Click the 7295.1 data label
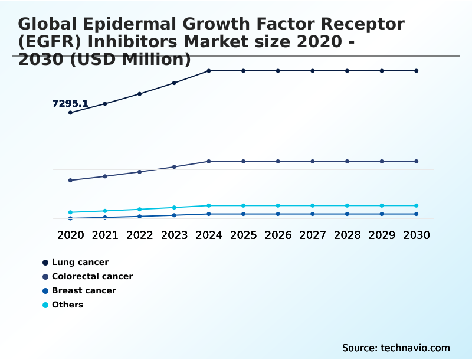[x=70, y=104]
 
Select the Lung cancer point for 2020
[x=71, y=113]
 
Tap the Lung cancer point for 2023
[x=174, y=83]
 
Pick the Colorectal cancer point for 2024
[x=209, y=161]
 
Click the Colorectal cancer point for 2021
[x=105, y=176]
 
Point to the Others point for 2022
[x=140, y=210]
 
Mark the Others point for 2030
[x=417, y=205]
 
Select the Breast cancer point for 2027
[x=313, y=214]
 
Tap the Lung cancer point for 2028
[x=347, y=71]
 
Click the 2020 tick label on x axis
[x=71, y=235]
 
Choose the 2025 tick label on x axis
[x=243, y=235]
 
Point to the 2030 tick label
[x=417, y=235]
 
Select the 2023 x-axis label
[x=174, y=235]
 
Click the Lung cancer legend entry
[x=80, y=262]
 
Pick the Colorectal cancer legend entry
[x=92, y=276]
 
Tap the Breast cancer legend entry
[x=84, y=290]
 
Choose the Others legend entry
[x=67, y=305]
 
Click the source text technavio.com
[x=415, y=348]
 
